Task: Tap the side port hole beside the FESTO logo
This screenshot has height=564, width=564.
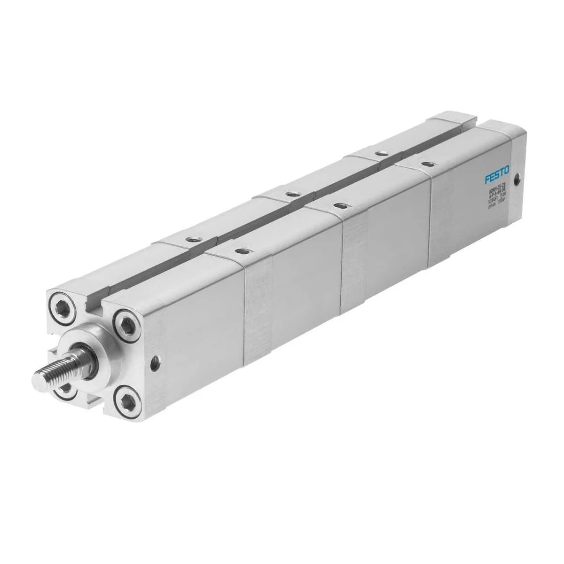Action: [518, 179]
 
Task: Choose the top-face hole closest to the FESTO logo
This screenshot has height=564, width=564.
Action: [426, 164]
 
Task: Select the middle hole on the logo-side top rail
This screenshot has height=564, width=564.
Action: [337, 206]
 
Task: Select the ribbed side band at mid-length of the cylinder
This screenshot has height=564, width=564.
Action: [355, 273]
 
